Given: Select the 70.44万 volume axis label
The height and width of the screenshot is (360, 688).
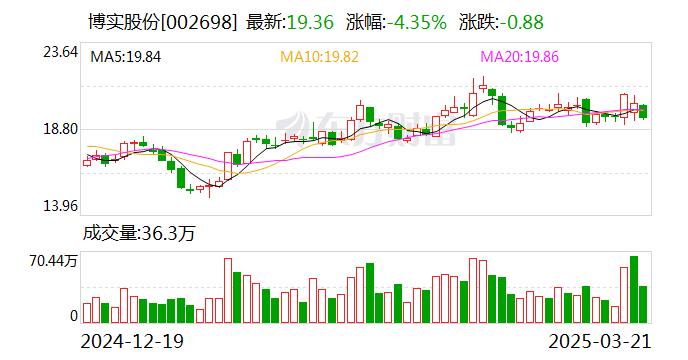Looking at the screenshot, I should (54, 261).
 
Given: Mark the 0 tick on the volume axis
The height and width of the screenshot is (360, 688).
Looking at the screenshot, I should (73, 316).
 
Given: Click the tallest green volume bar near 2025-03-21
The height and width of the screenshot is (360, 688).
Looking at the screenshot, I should (633, 289).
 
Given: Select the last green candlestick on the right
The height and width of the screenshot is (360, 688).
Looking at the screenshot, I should (643, 111).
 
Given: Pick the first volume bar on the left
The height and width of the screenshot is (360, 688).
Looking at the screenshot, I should (87, 313).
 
